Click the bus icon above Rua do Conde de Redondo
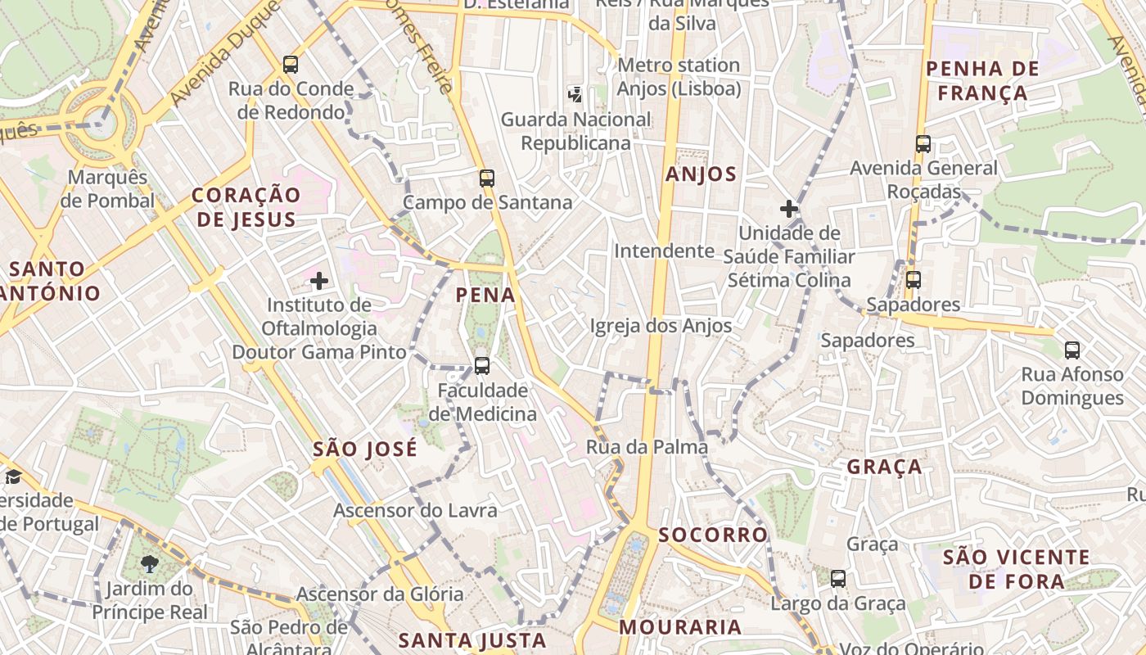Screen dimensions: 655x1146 tap(291, 65)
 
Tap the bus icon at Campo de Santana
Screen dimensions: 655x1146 tap(487, 178)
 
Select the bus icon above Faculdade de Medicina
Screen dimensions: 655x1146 tap(482, 366)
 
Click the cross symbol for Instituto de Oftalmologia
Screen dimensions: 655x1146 tap(319, 282)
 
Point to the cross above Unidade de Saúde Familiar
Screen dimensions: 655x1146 tap(789, 209)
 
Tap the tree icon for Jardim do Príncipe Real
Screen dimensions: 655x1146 tap(149, 564)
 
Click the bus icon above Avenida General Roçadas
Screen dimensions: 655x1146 tap(923, 144)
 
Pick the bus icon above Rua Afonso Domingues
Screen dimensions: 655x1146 tap(1072, 350)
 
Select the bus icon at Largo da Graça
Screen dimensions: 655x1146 tap(838, 579)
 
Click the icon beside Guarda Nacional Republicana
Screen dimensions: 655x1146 tap(575, 94)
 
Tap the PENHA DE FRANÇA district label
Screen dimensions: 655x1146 tap(982, 80)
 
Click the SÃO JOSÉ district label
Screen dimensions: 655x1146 tap(365, 449)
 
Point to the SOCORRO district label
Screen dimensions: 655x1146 tap(713, 535)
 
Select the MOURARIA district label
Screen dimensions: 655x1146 tap(680, 627)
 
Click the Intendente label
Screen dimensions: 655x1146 tap(665, 251)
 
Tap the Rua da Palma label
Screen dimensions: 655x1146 tap(647, 447)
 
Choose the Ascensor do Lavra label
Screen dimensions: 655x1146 tap(415, 511)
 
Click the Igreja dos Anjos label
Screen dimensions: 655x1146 tap(661, 326)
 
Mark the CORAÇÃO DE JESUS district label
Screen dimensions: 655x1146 tap(246, 207)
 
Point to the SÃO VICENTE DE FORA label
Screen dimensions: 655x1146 tap(1016, 570)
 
